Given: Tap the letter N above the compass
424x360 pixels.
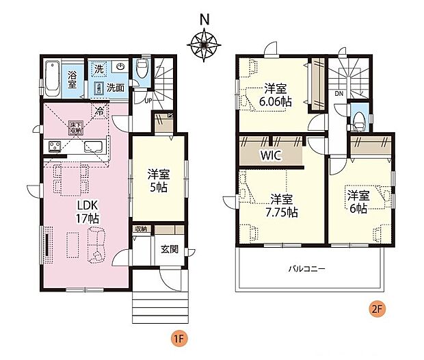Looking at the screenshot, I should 203,19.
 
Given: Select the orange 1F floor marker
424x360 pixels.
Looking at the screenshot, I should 176,339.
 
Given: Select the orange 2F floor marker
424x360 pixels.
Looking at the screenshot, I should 376,309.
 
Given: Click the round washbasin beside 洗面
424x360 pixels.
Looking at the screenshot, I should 120,67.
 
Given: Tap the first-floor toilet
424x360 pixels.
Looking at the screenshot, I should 142,68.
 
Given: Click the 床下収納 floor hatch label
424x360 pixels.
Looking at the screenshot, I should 75,128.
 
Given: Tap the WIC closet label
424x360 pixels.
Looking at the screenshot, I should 270,155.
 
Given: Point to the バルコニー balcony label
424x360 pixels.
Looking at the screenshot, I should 305,268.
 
